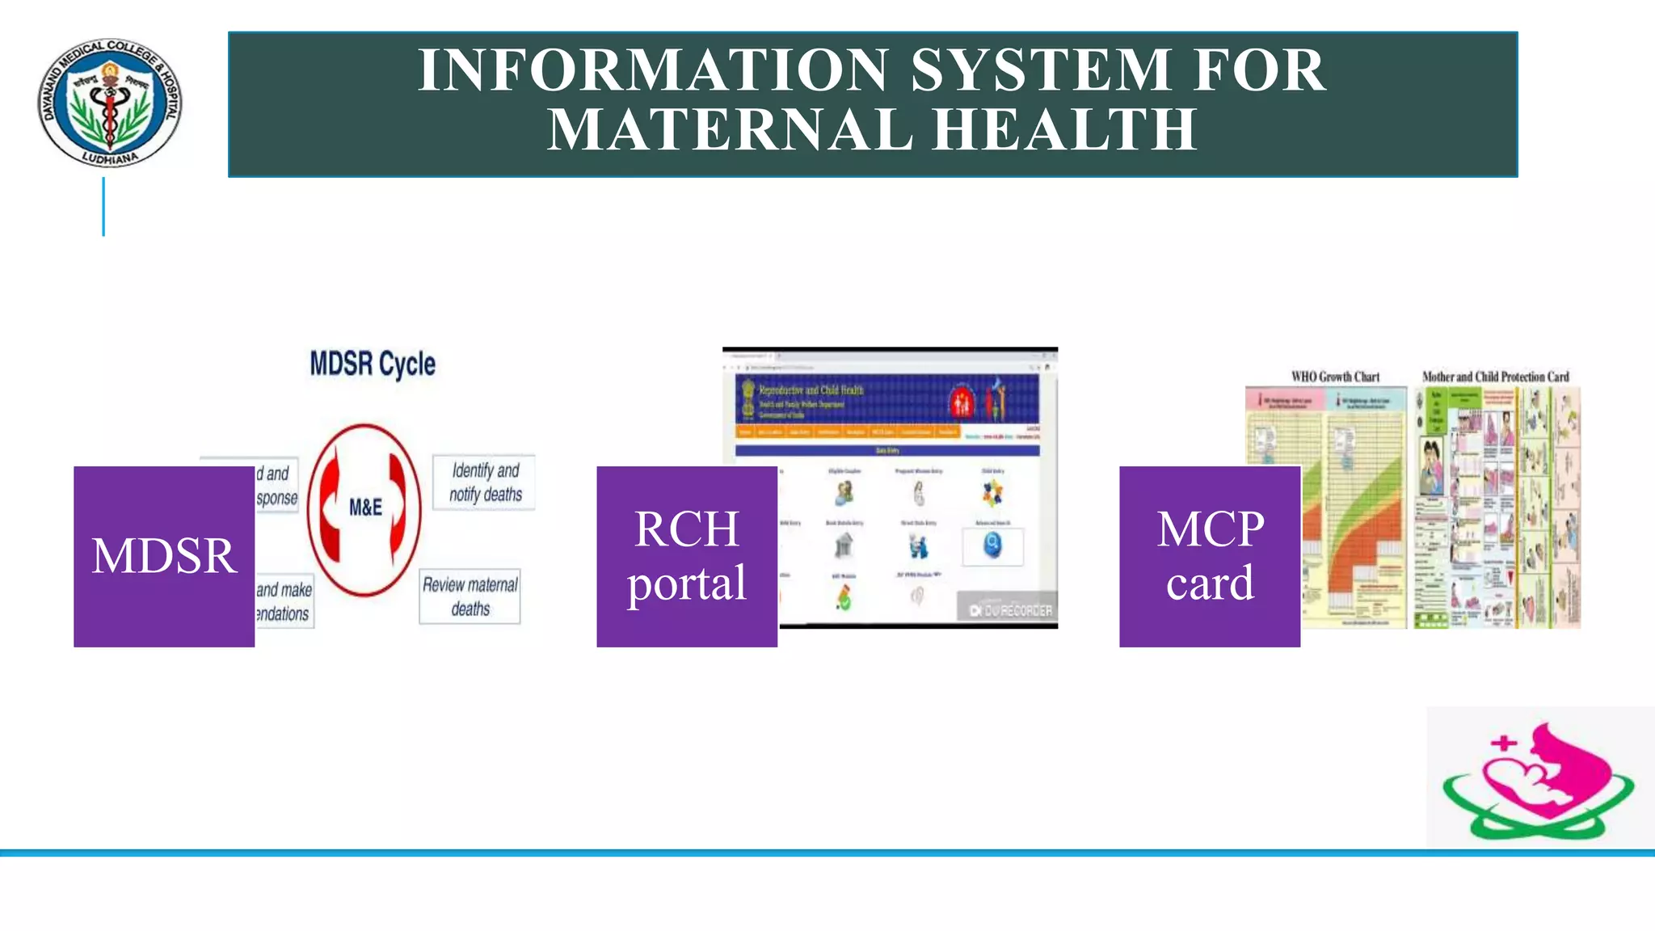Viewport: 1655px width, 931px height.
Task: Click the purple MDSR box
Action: coord(164,556)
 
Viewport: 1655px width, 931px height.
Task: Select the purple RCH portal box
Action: coord(686,556)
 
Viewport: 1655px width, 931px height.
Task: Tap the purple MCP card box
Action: coord(1209,556)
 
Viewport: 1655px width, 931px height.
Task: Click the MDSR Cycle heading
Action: coord(373,364)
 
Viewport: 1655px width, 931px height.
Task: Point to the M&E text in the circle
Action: coord(365,508)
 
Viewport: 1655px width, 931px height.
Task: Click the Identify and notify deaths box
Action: coord(485,482)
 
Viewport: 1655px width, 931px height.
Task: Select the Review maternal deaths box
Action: coord(470,596)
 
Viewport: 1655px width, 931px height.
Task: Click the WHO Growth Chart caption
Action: coord(1335,377)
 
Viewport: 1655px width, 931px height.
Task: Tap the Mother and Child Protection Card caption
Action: coord(1495,377)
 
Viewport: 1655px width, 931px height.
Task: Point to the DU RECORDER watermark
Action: coord(1010,610)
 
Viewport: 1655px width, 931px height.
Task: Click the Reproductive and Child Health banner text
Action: coord(811,390)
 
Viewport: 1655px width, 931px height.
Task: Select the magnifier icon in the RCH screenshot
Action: coord(992,547)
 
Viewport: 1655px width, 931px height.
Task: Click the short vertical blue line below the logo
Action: coord(103,207)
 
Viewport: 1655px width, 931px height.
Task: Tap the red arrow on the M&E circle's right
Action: coord(397,508)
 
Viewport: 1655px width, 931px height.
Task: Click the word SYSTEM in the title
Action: coord(1041,70)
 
